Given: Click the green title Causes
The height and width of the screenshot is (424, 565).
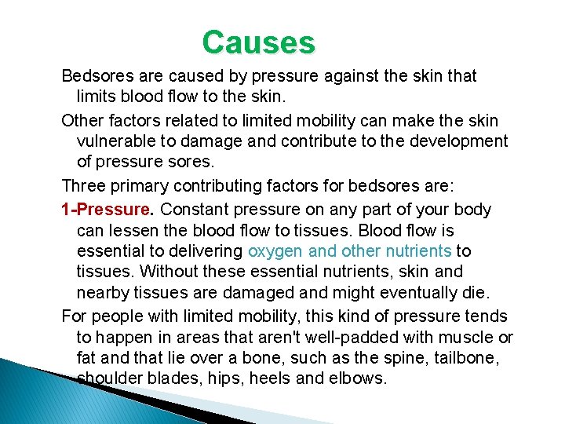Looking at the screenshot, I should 258,42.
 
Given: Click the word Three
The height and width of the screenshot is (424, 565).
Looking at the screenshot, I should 84,187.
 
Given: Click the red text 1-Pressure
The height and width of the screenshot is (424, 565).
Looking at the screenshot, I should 105,210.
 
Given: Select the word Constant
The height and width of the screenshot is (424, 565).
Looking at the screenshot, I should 191,210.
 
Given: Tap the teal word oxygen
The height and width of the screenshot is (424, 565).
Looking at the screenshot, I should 275,251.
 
